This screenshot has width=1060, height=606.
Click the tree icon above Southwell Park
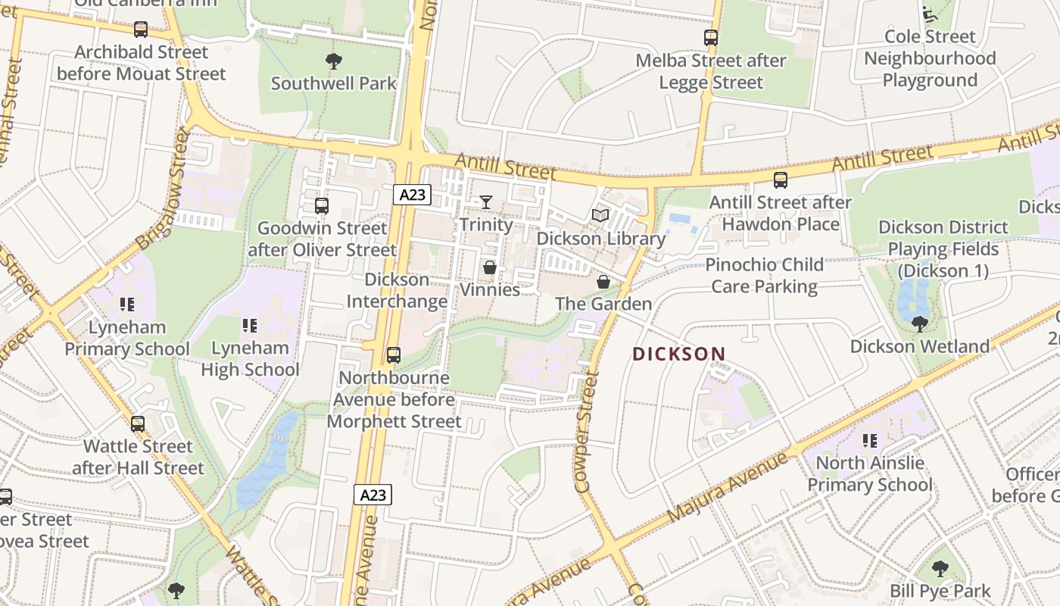tap(333, 61)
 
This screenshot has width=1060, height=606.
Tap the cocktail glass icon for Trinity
tap(485, 202)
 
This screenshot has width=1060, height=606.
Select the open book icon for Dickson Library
tap(600, 216)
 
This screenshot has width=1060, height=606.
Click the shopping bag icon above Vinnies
tap(490, 267)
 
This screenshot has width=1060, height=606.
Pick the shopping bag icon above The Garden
tap(603, 282)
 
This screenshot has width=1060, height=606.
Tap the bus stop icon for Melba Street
tap(710, 38)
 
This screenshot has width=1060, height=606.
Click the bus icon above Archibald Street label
tap(141, 30)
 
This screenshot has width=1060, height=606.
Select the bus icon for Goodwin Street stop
tap(322, 205)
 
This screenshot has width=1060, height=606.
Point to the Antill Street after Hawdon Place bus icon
tap(780, 180)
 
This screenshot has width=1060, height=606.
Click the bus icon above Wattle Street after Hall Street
tap(138, 424)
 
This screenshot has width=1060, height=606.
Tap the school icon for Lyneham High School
tap(250, 326)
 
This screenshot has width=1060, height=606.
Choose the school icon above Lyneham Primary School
tap(127, 305)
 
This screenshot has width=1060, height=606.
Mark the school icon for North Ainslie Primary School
tap(869, 440)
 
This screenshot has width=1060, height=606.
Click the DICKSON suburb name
tap(678, 354)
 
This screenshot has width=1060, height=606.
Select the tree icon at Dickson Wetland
tap(919, 324)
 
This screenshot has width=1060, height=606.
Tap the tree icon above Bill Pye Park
tap(940, 569)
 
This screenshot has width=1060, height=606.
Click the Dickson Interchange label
tap(397, 290)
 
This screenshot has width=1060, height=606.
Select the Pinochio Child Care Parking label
tap(764, 275)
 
